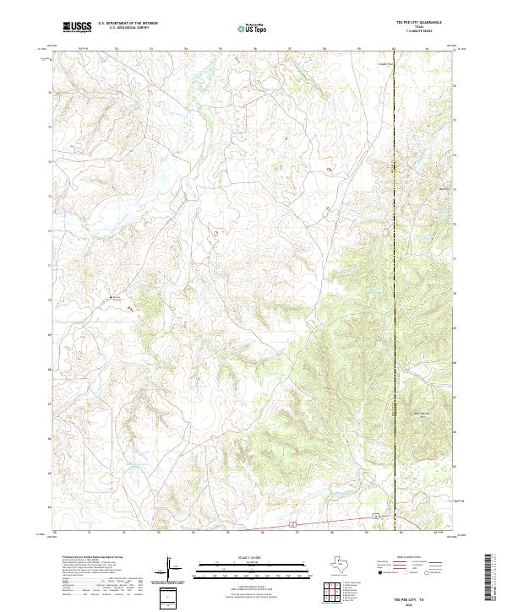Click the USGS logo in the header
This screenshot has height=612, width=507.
78,27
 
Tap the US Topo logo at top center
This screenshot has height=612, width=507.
253,27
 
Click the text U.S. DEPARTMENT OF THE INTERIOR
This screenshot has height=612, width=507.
128,24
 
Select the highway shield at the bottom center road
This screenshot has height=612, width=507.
292,524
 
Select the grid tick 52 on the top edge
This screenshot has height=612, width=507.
116,48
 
